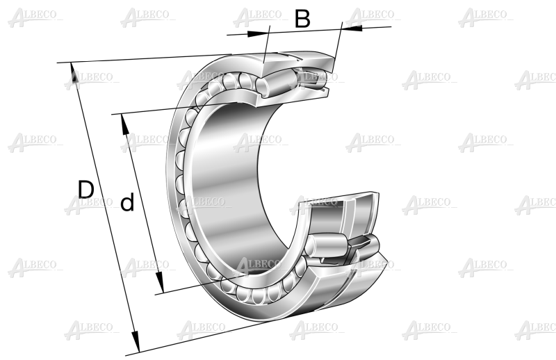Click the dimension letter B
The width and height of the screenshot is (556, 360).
tap(302, 19)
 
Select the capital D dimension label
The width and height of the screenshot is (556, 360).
tap(85, 190)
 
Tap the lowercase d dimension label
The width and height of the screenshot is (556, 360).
tap(127, 202)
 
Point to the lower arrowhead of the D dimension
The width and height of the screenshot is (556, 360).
tap(135, 343)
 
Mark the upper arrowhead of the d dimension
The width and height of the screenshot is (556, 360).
tap(125, 124)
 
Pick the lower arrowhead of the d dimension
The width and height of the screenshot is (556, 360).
tap(160, 283)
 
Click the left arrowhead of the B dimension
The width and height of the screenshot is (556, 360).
tap(256, 33)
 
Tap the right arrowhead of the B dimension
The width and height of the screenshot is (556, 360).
tap(352, 28)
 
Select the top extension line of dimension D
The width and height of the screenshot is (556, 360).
tap(145, 58)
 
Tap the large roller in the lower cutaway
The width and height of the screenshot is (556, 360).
tap(326, 245)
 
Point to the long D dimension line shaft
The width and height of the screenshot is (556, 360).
tap(105, 208)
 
